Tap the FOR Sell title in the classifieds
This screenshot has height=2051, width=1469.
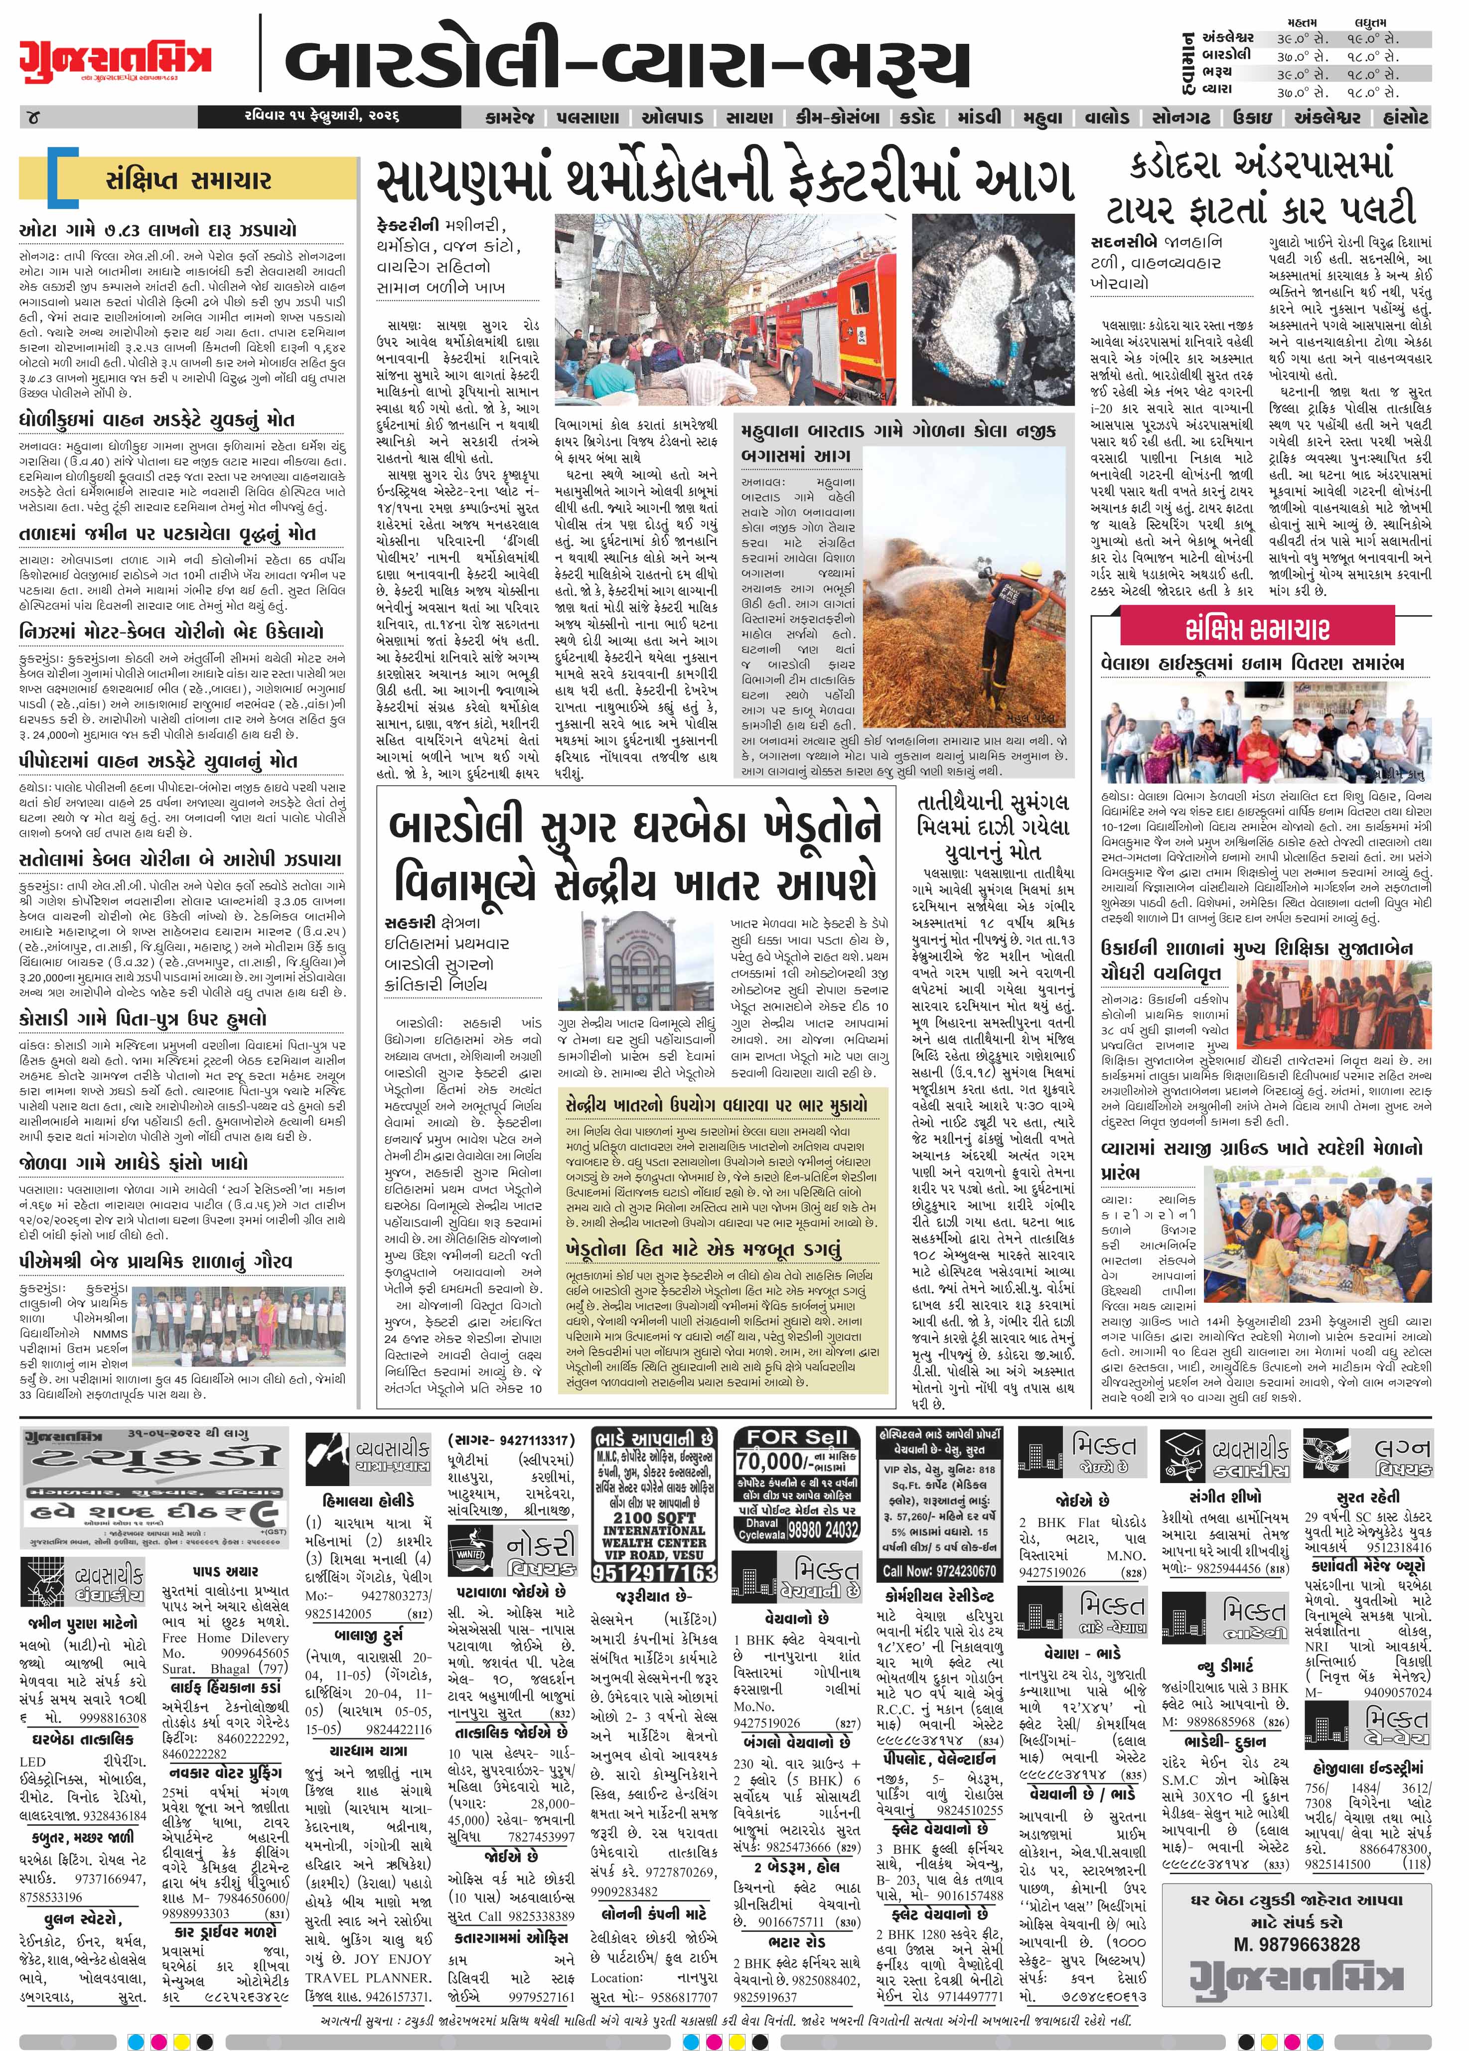[x=797, y=1436]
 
